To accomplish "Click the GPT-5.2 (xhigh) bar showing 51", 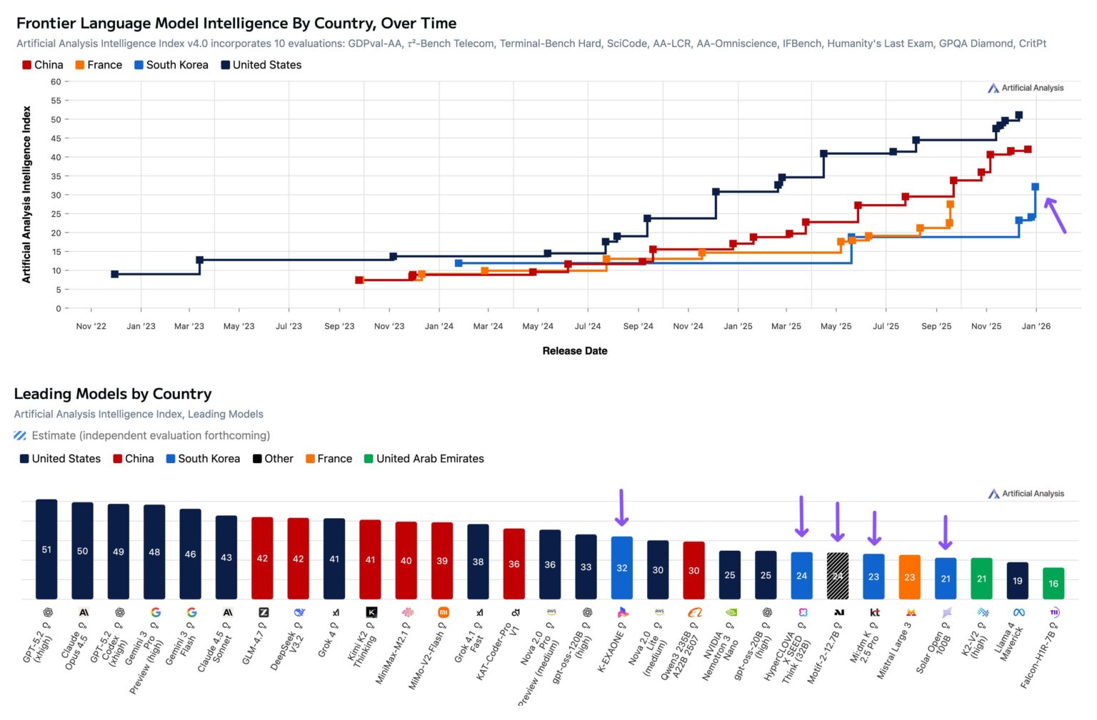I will click(46, 549).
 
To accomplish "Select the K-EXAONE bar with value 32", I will click(621, 567).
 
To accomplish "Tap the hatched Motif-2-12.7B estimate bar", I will click(837, 575).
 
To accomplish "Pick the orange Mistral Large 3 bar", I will click(909, 577).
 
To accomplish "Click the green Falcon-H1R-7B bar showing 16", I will click(1053, 583).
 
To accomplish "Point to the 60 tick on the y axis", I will click(56, 81).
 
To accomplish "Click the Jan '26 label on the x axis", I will click(1036, 326).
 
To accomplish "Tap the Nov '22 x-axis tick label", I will click(91, 326).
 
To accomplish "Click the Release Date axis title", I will click(574, 350).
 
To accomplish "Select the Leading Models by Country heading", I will click(113, 394).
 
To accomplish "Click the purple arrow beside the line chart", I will click(1055, 215).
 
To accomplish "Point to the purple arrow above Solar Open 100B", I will click(945, 532).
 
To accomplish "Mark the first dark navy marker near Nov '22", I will click(115, 274).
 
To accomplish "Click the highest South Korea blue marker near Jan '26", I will click(1035, 187).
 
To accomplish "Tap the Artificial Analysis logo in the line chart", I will click(1026, 88).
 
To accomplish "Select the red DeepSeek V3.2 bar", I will click(298, 558).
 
